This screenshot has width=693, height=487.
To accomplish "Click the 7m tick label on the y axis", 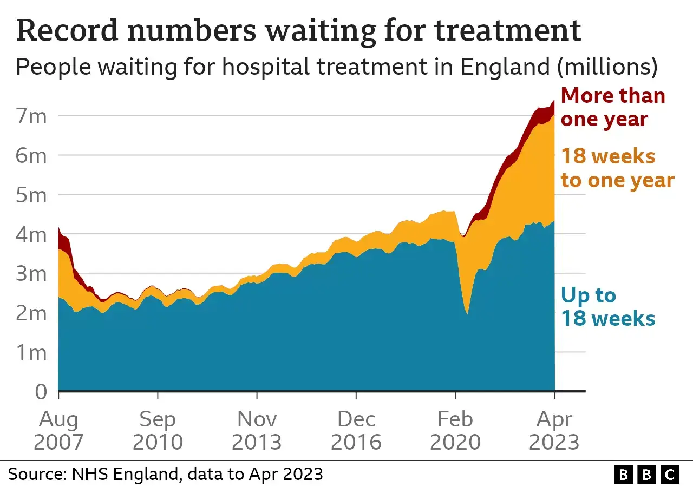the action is click(31, 116).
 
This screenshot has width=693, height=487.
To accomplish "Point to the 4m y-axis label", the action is click(31, 235).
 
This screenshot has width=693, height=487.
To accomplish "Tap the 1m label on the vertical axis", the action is click(31, 353).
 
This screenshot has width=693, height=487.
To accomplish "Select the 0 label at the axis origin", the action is click(41, 392).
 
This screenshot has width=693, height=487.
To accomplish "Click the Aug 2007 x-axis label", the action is click(58, 431).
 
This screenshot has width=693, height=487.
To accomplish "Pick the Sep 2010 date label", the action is click(158, 431).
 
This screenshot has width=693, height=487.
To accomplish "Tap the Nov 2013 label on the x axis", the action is click(257, 431).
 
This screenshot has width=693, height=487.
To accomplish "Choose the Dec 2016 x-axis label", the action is click(356, 431).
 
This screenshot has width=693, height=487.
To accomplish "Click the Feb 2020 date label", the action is click(455, 431).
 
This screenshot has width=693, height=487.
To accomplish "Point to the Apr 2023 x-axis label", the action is click(554, 431).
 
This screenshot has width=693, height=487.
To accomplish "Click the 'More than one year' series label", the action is click(613, 107).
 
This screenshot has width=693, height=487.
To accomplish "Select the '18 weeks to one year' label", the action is click(618, 168).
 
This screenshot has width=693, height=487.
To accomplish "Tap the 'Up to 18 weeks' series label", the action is click(608, 307).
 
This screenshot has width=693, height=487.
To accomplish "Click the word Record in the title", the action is click(67, 30).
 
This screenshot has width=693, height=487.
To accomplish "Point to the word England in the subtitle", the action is click(505, 67).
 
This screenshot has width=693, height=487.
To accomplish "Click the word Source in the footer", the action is click(34, 474).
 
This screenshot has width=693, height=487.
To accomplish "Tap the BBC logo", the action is click(646, 475).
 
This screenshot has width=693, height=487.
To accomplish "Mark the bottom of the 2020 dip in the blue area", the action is click(467, 313).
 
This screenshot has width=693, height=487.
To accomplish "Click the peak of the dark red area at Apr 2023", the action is click(554, 101).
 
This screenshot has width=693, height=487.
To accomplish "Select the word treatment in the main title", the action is click(507, 30).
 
